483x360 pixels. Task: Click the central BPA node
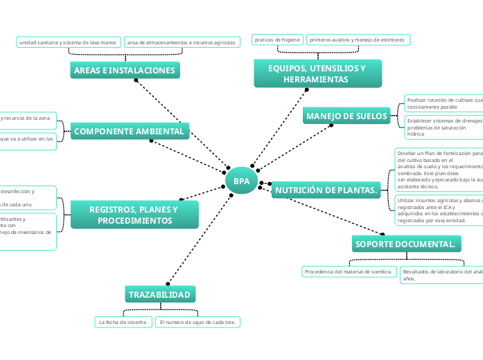(241, 181)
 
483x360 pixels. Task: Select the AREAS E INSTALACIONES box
(125, 71)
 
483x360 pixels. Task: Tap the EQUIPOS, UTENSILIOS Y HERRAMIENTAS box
(317, 73)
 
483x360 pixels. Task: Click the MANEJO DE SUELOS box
(347, 116)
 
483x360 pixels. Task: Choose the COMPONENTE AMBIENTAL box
(130, 132)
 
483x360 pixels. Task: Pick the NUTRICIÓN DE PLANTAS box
(326, 190)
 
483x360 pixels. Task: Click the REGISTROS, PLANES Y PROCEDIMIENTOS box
(134, 215)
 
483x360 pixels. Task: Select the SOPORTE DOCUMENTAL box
(405, 244)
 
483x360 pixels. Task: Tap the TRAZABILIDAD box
(160, 295)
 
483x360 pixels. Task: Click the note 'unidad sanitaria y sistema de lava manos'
(68, 42)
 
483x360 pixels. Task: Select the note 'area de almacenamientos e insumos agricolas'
(182, 42)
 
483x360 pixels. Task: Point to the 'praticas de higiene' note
(277, 40)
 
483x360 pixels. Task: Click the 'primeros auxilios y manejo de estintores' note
(358, 40)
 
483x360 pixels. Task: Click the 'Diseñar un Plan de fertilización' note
(439, 169)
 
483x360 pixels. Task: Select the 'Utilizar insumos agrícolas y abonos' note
(439, 210)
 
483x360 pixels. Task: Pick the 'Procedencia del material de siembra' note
(349, 272)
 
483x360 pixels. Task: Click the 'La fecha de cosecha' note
(124, 323)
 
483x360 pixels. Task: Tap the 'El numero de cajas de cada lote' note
(197, 323)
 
